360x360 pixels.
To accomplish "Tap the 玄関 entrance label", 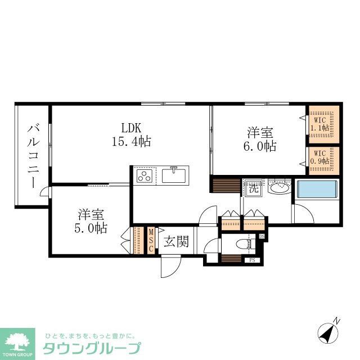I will (175, 242).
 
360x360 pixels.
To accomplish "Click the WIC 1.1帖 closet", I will (323, 123).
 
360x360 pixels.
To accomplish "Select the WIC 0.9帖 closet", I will (323, 159).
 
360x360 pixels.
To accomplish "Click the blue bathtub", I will (318, 189).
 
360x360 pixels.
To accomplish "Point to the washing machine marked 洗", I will (254, 188).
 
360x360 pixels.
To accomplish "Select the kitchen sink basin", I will (175, 175).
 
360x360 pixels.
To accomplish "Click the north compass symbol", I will (328, 332).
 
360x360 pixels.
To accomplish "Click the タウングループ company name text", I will (92, 347).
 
